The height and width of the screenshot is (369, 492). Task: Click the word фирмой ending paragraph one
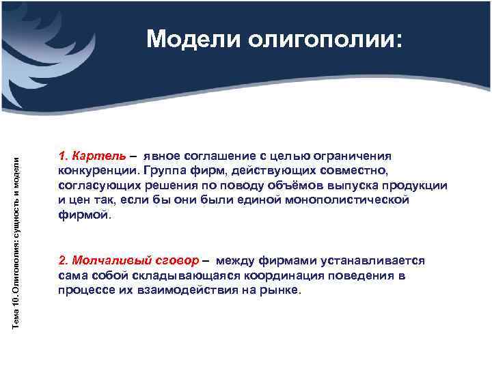(83, 215)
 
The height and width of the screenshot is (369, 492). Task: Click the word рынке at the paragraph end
(280, 290)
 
